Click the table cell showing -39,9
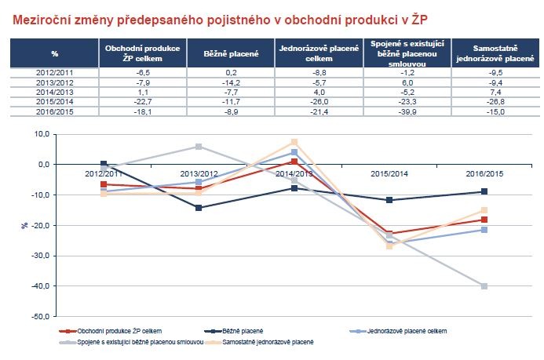tap(407, 111)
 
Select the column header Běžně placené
tap(231, 53)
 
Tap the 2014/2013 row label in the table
tap(54, 93)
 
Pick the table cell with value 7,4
tap(495, 93)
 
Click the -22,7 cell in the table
tap(143, 101)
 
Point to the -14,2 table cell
tap(231, 82)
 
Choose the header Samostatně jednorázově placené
tap(495, 53)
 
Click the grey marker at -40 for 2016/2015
tap(484, 286)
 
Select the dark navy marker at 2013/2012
tap(199, 208)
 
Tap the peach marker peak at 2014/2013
tap(294, 142)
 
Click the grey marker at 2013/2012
tap(199, 147)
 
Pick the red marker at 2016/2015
tap(484, 220)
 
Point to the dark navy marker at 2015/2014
tap(389, 200)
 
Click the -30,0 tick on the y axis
tap(41, 256)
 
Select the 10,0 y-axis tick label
tap(42, 134)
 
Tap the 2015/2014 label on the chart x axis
tap(389, 173)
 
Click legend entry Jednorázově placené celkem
tap(398, 331)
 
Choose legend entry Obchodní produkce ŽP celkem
tap(111, 331)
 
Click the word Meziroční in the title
tap(41, 20)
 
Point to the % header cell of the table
tap(54, 53)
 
